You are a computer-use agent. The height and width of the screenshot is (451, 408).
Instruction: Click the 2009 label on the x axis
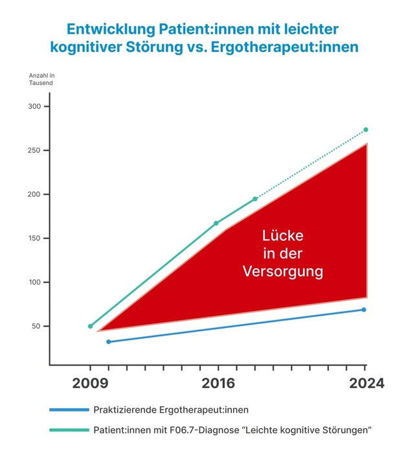click(90, 384)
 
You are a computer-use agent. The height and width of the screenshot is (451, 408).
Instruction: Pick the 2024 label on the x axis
click(365, 384)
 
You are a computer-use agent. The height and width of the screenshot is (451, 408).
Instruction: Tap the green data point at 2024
click(366, 130)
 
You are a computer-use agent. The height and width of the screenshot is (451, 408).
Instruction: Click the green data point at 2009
click(90, 326)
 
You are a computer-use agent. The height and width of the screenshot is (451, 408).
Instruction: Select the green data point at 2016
click(216, 223)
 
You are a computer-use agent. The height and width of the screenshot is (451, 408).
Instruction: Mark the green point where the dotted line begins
click(255, 199)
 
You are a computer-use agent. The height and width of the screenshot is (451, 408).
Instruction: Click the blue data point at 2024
click(364, 310)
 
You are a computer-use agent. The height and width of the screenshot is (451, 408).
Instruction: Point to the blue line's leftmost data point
click(108, 341)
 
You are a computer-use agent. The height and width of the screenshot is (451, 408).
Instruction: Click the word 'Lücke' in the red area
click(282, 236)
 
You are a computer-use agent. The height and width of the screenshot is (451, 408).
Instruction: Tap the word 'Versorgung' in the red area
click(282, 272)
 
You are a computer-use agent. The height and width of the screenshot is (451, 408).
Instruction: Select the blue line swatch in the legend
click(68, 410)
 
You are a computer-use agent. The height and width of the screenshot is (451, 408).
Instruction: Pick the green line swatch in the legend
click(68, 430)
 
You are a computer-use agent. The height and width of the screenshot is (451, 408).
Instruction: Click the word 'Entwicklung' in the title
click(104, 29)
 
